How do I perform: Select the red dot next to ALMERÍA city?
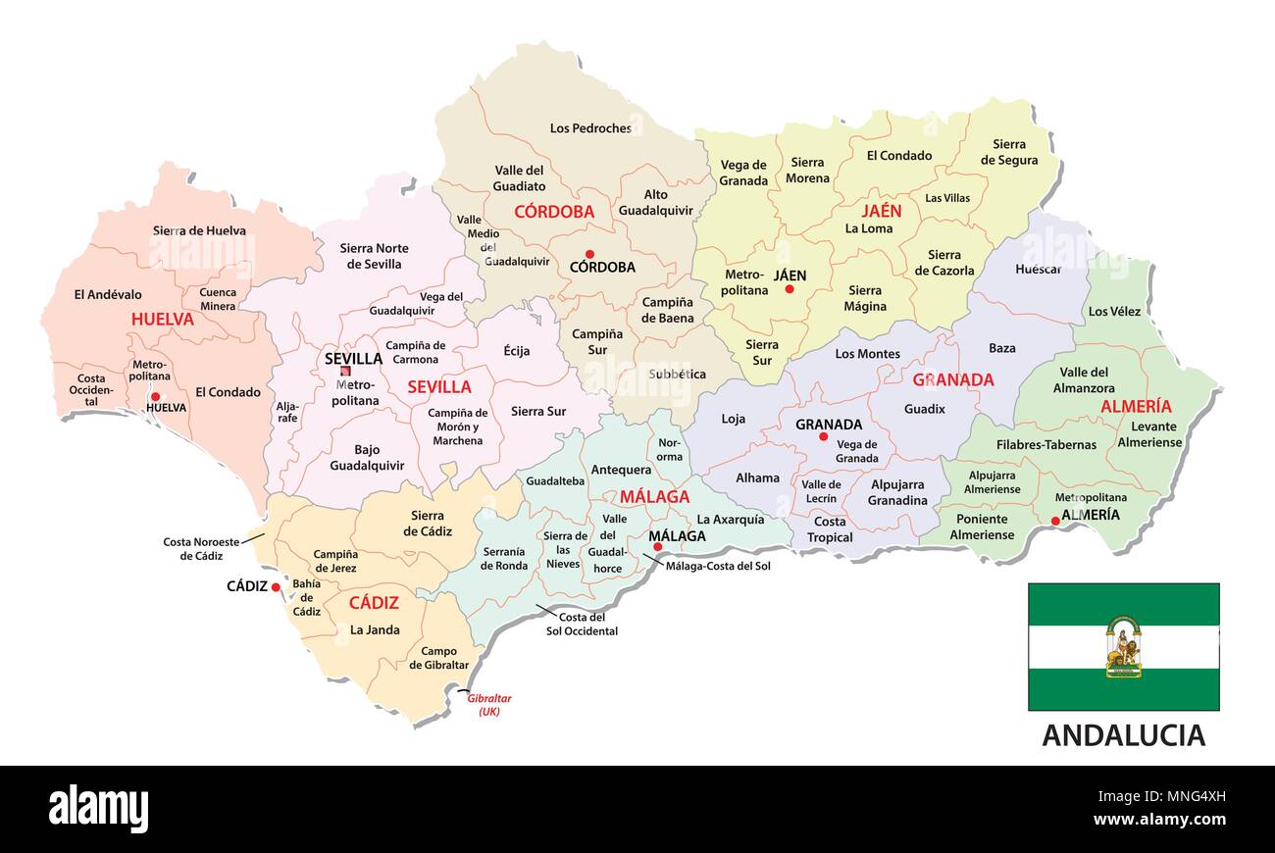(1055, 522)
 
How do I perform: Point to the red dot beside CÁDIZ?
(276, 587)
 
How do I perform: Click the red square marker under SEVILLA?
(344, 372)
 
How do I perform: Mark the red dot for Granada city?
(823, 436)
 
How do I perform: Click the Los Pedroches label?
(590, 127)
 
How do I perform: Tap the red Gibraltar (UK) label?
(489, 704)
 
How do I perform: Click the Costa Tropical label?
(830, 529)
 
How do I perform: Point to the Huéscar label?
(1039, 269)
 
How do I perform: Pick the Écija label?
(517, 351)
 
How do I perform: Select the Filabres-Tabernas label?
(1046, 444)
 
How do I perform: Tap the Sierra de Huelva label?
(199, 230)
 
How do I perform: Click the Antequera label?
(621, 470)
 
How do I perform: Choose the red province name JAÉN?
(881, 211)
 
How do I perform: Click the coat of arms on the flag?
(1123, 647)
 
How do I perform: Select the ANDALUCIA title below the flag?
(1123, 734)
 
